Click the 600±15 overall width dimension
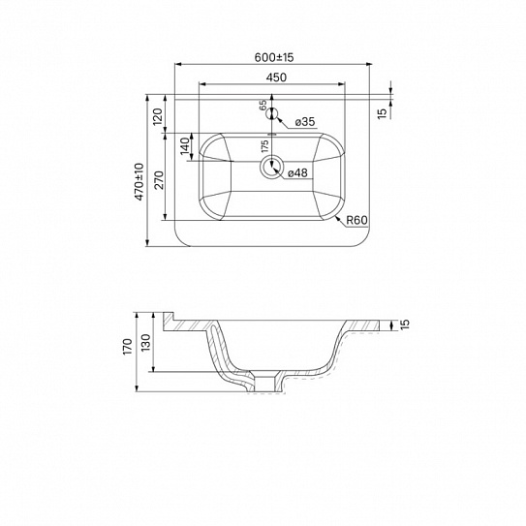coord(274,57)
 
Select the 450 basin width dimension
coord(276,77)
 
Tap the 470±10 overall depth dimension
coord(139,182)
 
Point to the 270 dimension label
coord(160,180)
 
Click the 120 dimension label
coord(158,116)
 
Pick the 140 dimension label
coord(185,146)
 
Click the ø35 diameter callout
coord(305,122)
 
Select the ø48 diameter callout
coord(297,173)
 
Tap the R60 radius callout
coord(356,221)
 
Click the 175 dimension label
coord(264,146)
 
